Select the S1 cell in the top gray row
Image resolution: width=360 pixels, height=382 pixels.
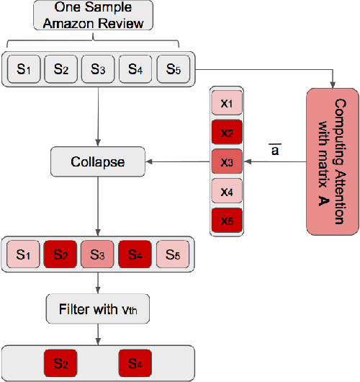tap(23, 70)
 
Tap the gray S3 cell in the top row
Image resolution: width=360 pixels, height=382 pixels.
tap(97, 70)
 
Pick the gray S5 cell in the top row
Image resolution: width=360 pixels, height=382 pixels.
tap(171, 70)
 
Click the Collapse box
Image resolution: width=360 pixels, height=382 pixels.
tap(97, 162)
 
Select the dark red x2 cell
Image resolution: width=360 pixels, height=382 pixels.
tap(227, 133)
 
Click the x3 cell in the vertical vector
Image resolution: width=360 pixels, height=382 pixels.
tap(227, 162)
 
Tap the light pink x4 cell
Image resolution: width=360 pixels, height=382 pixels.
tap(227, 192)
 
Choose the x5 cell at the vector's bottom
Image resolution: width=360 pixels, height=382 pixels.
tap(227, 221)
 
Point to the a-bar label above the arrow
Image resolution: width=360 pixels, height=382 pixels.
tap(274, 149)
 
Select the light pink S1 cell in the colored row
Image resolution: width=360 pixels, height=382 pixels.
tap(23, 254)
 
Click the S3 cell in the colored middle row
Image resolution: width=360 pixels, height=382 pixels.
tap(97, 254)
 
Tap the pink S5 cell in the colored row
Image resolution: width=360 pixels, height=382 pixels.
tap(171, 254)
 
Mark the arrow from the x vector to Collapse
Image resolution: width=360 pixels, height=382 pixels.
tap(176, 162)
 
